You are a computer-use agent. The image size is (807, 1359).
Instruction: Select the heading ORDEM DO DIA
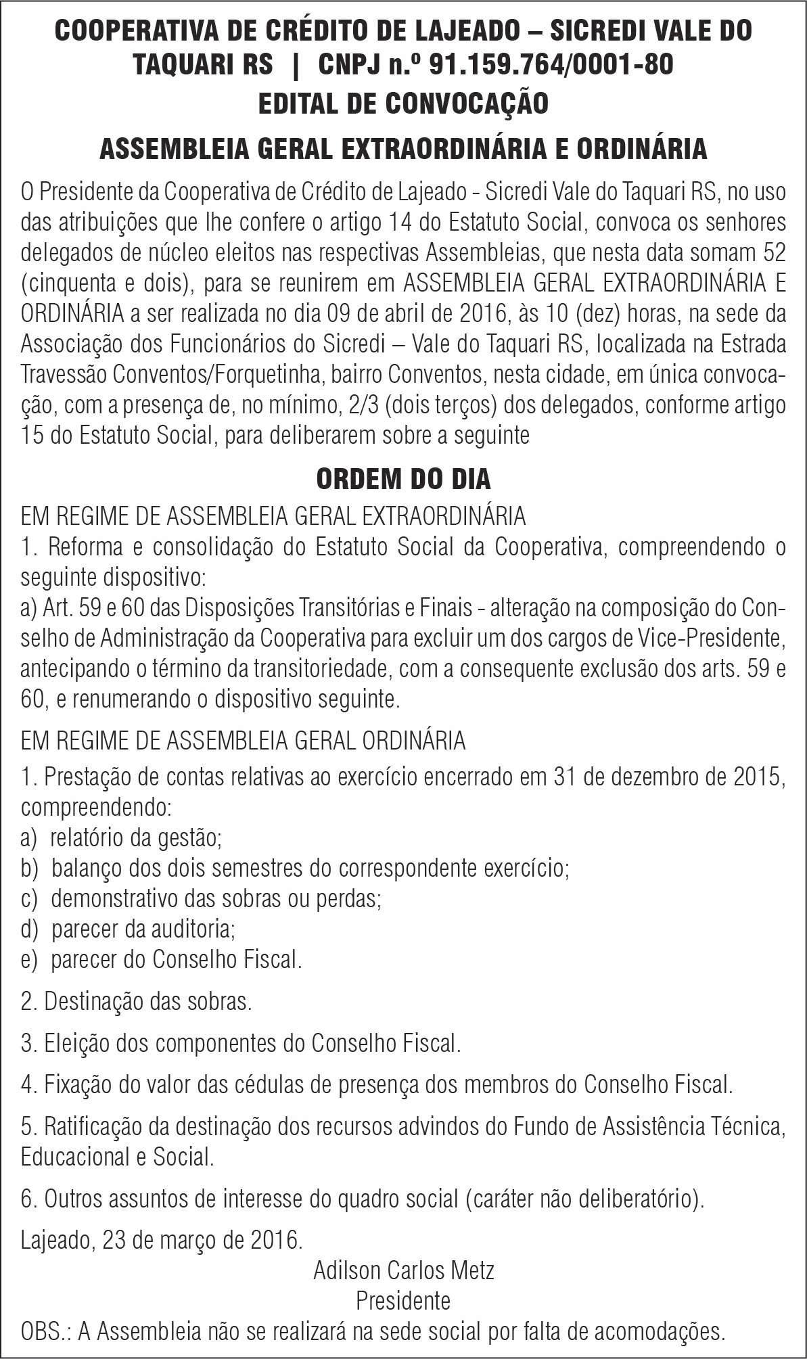[x=403, y=479]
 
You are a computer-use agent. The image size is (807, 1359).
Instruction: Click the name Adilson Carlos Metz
[x=403, y=1270]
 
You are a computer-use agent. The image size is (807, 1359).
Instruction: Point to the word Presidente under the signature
[x=403, y=1300]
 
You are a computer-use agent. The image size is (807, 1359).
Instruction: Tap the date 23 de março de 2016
[x=202, y=1241]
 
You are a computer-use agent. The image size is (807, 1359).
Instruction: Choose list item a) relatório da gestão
[x=122, y=838]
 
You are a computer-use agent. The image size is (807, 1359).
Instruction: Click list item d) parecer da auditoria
[x=129, y=929]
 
